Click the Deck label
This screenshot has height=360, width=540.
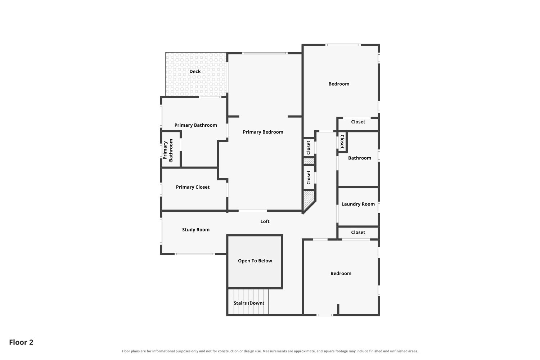[x=195, y=71]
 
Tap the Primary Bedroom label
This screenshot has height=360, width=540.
[x=263, y=132]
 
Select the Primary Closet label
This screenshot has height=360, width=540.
[x=193, y=187]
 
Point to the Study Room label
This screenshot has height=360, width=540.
[x=196, y=230]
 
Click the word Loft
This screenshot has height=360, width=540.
[x=265, y=221]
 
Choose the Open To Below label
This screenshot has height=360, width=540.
[x=255, y=261]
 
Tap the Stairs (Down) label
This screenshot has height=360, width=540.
[x=249, y=303]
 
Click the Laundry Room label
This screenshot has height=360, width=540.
[x=358, y=204]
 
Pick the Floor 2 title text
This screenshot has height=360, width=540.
[x=21, y=342]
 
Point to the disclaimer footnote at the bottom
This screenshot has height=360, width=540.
[x=270, y=351]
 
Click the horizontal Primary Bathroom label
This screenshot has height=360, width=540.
[x=195, y=125]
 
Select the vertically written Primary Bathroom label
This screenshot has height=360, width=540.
[x=168, y=150]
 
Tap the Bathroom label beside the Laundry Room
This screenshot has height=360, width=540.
[x=359, y=158]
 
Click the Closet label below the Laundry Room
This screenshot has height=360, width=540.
[x=358, y=233]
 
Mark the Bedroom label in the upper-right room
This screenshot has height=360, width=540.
[x=339, y=84]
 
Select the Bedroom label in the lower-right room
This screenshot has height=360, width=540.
[x=341, y=274]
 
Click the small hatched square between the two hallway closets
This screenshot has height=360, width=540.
[x=309, y=161]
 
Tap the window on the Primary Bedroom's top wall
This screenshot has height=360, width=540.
[x=265, y=53]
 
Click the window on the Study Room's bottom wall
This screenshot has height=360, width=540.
[x=194, y=254]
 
